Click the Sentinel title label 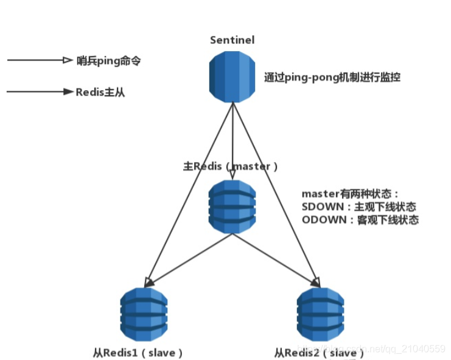pos(232,40)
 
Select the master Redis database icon pos(232,208)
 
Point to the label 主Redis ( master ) pos(231,166)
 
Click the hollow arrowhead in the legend pos(68,60)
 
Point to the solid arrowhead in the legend pos(68,92)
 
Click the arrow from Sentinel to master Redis pos(232,140)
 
